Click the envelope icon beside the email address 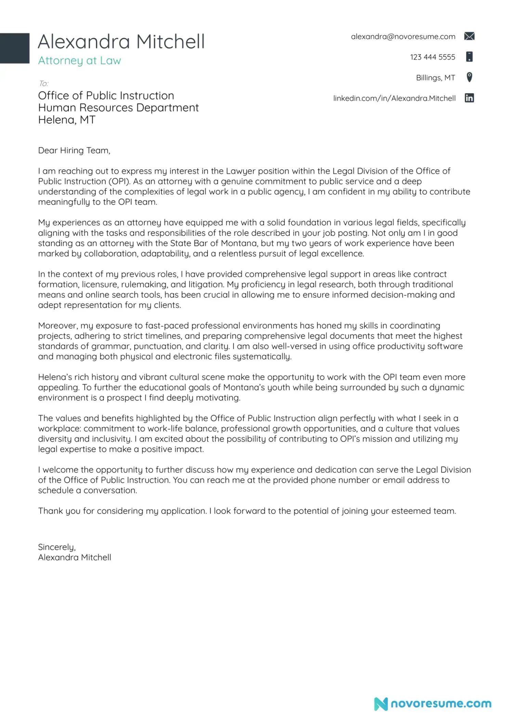click(x=469, y=36)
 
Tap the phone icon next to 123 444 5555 click(x=469, y=57)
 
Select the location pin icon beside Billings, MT click(x=469, y=77)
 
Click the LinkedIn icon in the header click(x=469, y=98)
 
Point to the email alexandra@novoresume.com click(x=403, y=37)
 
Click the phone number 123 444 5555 click(x=432, y=57)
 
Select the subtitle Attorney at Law click(x=79, y=61)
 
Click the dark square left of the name click(x=14, y=48)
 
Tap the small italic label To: click(x=43, y=83)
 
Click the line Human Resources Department click(x=118, y=108)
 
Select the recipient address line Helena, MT click(x=67, y=120)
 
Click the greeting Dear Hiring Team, click(x=74, y=151)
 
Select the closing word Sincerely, click(x=57, y=547)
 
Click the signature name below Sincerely click(x=75, y=557)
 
